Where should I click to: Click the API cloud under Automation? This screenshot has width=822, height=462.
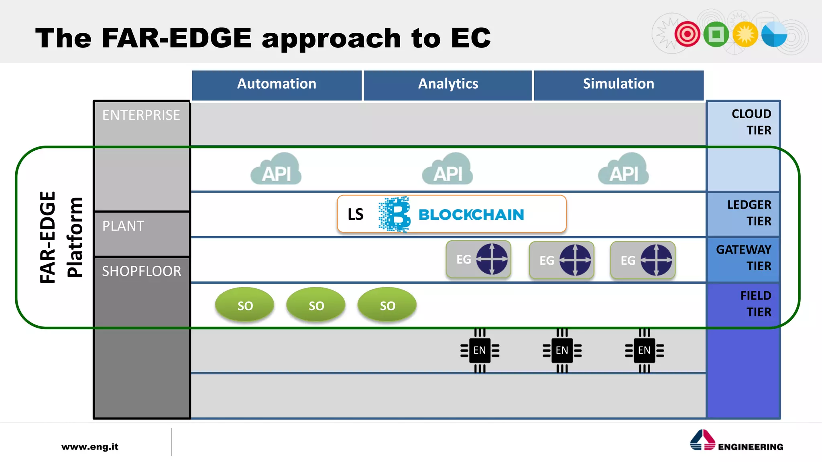click(276, 170)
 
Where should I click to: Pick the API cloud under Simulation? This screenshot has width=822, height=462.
click(623, 170)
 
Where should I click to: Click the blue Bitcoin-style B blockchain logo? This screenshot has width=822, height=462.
click(395, 214)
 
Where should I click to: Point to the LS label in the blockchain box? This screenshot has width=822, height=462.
click(355, 215)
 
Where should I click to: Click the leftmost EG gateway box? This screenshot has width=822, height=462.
click(478, 259)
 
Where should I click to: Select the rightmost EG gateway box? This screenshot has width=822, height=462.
click(643, 260)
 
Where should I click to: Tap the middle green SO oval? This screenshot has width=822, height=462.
click(316, 305)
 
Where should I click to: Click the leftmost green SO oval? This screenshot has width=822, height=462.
click(245, 305)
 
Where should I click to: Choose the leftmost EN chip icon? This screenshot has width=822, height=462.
click(480, 351)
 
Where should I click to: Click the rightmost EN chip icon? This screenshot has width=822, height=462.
click(644, 351)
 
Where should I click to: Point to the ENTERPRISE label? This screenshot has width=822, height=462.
click(141, 115)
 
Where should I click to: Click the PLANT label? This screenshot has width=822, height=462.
click(123, 226)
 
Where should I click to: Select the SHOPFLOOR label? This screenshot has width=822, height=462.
click(141, 272)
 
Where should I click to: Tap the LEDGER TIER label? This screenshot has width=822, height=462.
click(749, 213)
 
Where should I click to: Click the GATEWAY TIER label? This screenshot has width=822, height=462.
click(743, 258)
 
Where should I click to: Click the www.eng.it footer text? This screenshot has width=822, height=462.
click(90, 447)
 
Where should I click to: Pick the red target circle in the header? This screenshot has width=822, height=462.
click(687, 34)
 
